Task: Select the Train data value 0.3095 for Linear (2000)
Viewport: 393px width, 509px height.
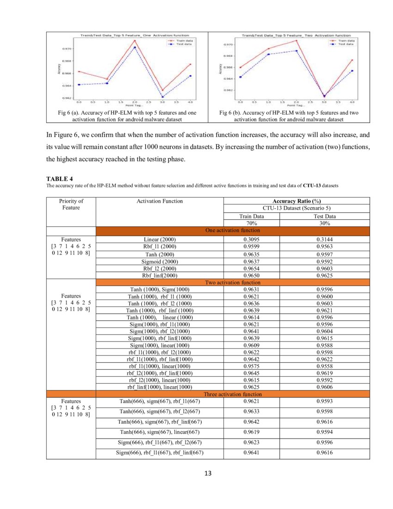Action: [251, 239]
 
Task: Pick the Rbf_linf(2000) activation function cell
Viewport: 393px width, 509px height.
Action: [160, 275]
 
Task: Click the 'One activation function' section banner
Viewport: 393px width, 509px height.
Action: [233, 230]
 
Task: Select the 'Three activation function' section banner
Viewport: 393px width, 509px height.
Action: [233, 394]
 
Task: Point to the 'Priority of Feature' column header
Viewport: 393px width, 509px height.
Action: [71, 204]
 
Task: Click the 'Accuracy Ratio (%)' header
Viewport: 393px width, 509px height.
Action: [296, 201]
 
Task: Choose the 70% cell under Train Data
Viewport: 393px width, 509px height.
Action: [251, 223]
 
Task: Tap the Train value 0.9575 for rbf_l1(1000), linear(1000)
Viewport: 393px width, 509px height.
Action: [251, 366]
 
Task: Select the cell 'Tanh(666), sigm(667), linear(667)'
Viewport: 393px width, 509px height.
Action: [160, 432]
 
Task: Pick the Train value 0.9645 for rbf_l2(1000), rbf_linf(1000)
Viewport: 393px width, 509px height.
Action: [251, 373]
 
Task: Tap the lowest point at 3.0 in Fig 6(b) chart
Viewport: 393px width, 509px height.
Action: [324, 96]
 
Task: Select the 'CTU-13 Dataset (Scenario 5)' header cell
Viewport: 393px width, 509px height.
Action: [296, 208]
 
